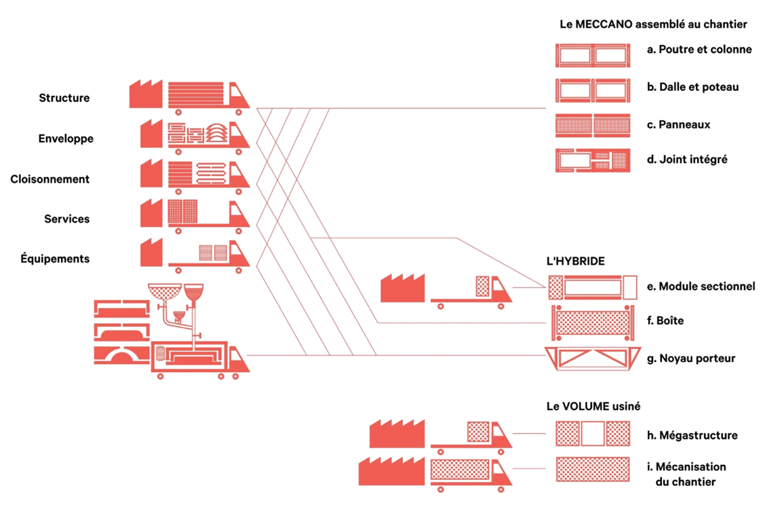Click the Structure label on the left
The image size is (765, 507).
[x=64, y=98]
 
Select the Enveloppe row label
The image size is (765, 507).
[x=66, y=138]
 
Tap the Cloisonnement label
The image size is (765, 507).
[x=50, y=179]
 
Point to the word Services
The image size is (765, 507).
[x=66, y=219]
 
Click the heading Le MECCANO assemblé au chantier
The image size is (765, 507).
[x=654, y=24]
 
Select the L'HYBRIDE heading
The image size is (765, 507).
[x=576, y=261]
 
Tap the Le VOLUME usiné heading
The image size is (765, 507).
[x=594, y=407]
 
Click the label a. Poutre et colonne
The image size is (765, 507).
[x=699, y=50]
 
